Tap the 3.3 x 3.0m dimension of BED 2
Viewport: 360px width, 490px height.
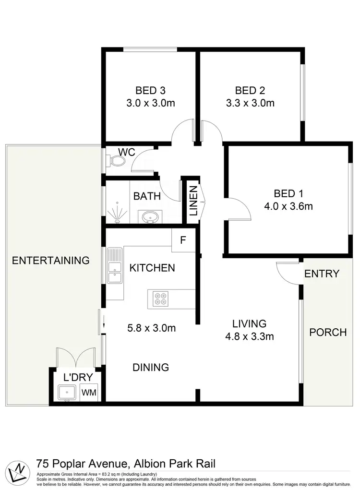pyautogui.click(x=250, y=103)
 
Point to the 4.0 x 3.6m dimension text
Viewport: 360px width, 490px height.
pyautogui.click(x=288, y=206)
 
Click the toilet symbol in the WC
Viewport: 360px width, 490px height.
pyautogui.click(x=115, y=161)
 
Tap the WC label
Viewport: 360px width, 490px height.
pyautogui.click(x=127, y=152)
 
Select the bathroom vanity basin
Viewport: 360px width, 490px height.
pyautogui.click(x=150, y=217)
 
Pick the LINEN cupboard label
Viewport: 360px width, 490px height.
pyautogui.click(x=193, y=203)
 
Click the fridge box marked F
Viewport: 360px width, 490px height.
pyautogui.click(x=183, y=240)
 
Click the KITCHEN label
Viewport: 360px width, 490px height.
pyautogui.click(x=153, y=268)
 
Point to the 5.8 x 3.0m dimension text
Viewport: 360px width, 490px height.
pyautogui.click(x=152, y=328)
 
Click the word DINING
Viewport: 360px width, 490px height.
pyautogui.click(x=151, y=368)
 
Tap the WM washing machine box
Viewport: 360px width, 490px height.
pyautogui.click(x=89, y=392)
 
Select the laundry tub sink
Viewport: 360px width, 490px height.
pyautogui.click(x=67, y=392)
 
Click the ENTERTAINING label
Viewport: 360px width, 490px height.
pyautogui.click(x=50, y=261)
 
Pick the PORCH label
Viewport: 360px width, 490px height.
pyautogui.click(x=327, y=332)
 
